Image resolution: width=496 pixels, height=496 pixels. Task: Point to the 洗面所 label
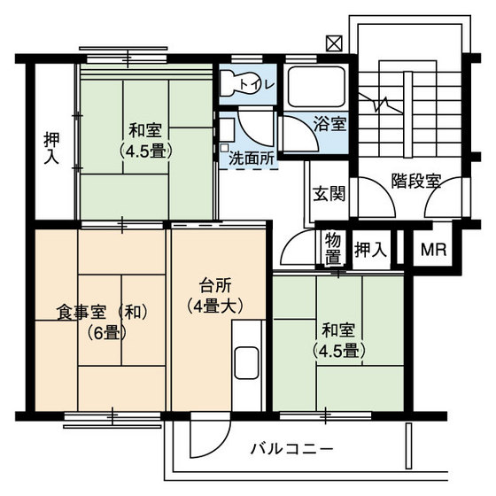[251, 159]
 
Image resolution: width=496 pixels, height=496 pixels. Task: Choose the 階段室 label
[416, 181]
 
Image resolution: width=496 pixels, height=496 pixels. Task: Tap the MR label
[434, 249]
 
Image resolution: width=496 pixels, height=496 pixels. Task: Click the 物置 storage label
[333, 249]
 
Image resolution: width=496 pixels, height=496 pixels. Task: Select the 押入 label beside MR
[370, 249]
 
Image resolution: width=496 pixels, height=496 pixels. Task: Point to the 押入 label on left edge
[53, 148]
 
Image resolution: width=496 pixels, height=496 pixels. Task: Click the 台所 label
[214, 286]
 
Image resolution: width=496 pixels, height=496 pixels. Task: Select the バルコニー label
[291, 448]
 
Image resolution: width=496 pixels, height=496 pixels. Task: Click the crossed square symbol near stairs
[334, 42]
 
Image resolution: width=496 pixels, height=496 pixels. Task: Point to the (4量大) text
[214, 308]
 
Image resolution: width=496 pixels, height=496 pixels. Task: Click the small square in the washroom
[225, 147]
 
